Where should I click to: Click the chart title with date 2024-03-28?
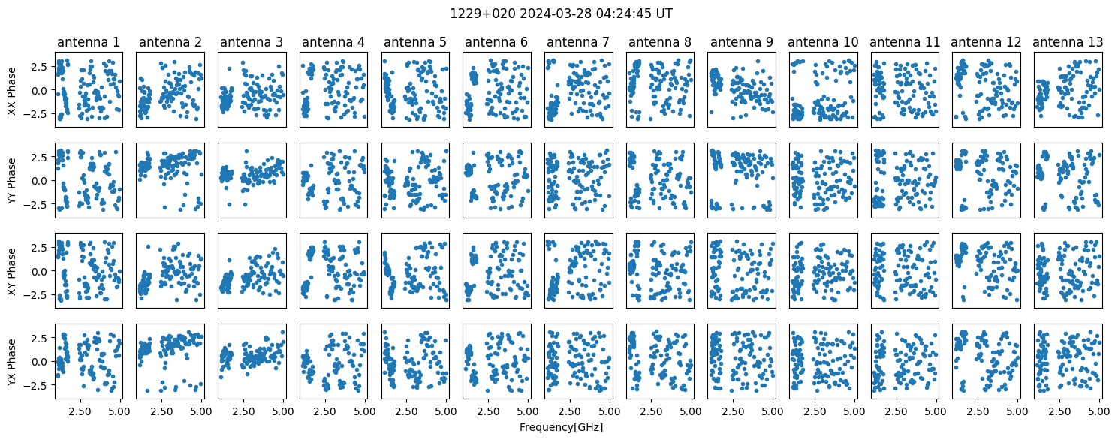561,14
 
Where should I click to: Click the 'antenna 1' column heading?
89,42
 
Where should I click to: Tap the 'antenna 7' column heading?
578,42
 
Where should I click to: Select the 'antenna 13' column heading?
1068,42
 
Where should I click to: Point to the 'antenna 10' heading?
823,42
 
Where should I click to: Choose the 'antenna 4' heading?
333,42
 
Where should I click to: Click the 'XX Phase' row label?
11,91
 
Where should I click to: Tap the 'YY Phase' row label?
11,181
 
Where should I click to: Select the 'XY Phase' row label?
11,271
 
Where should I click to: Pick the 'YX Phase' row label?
11,362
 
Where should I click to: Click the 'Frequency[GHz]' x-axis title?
561,427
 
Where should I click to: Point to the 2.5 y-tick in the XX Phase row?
43,67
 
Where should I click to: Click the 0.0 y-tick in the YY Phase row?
43,181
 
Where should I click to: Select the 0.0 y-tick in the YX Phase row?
43,362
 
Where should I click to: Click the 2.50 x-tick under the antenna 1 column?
80,411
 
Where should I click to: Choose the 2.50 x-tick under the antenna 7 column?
569,411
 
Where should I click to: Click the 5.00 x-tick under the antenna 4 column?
365,411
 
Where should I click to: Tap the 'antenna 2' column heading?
170,42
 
